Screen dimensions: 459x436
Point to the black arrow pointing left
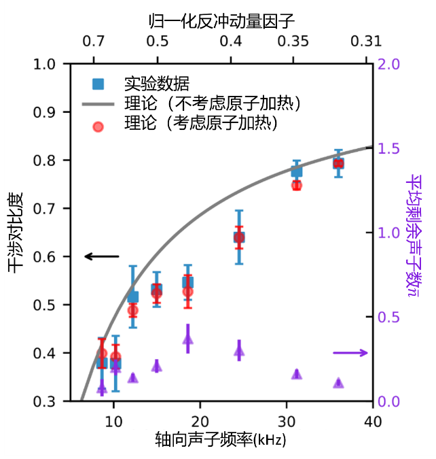(102, 256)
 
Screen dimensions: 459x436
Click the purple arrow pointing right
(350, 352)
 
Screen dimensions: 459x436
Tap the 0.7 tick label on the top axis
(94, 41)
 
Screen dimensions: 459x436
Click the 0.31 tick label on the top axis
(363, 41)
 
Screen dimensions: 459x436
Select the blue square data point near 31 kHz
(297, 171)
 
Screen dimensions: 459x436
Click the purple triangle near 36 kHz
(338, 383)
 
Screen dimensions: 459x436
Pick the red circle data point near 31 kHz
(297, 185)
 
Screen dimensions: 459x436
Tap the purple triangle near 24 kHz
(239, 351)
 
